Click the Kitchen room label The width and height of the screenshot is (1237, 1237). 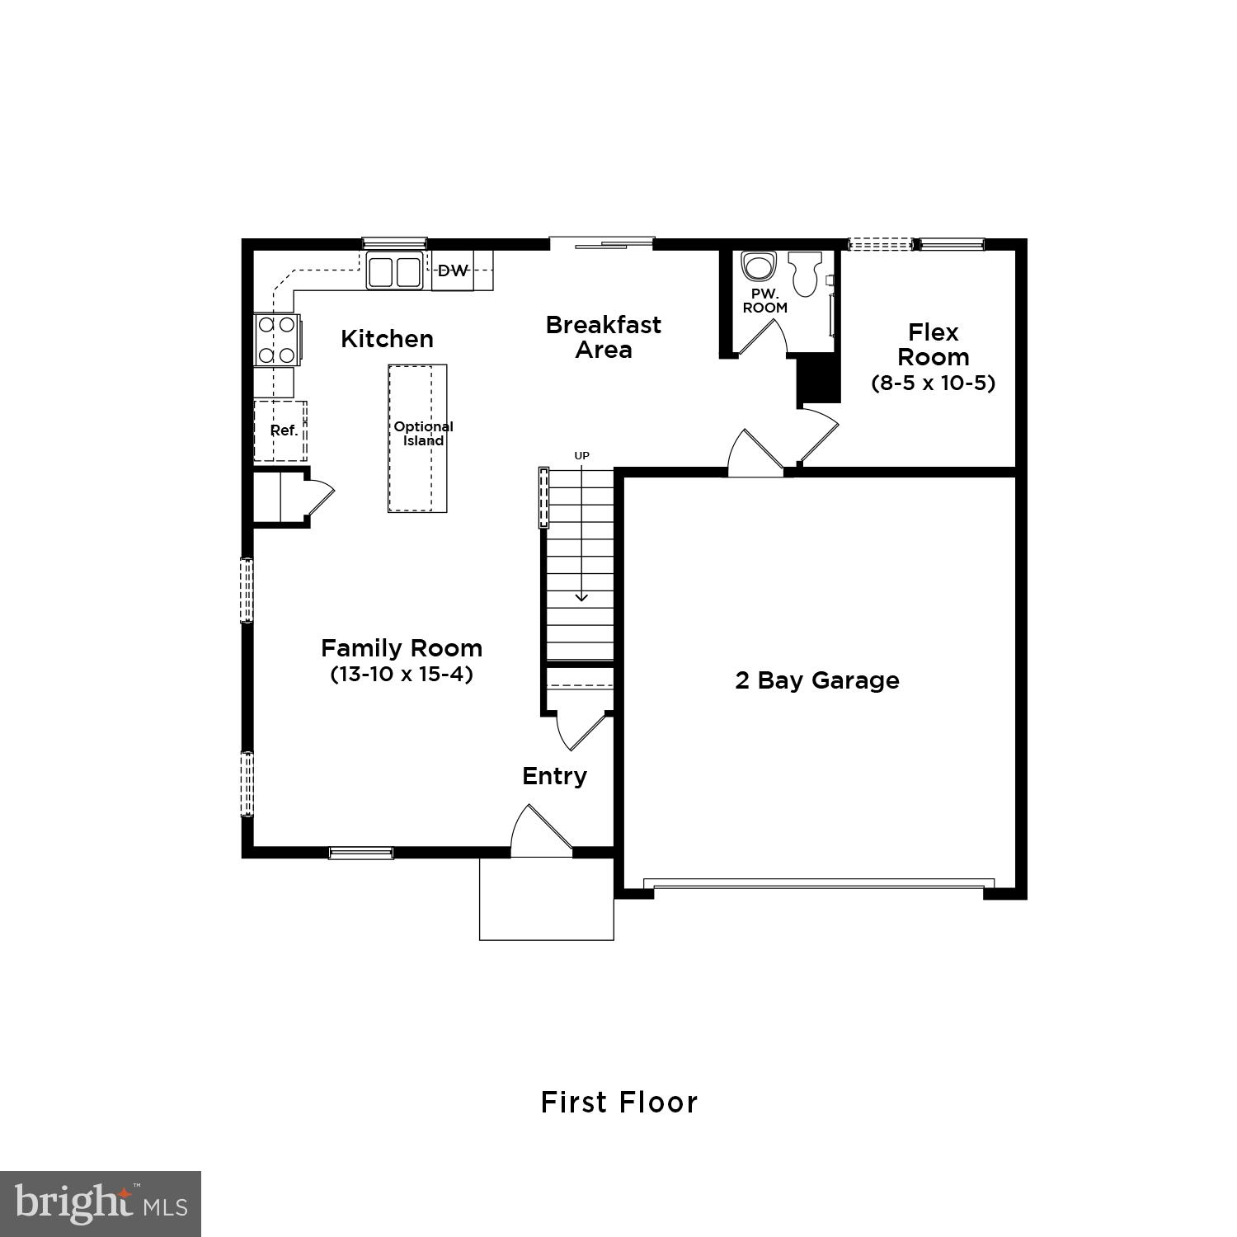click(x=387, y=339)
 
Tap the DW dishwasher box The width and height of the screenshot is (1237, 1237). click(x=453, y=270)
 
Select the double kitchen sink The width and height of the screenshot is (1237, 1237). click(x=394, y=272)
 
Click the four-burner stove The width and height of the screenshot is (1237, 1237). click(x=276, y=340)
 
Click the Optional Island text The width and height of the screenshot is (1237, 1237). click(x=423, y=434)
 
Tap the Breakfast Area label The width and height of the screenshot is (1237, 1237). click(x=604, y=336)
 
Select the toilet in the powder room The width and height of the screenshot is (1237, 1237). click(x=804, y=273)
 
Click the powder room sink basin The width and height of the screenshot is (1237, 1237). click(x=759, y=267)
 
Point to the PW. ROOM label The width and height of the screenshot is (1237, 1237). click(x=764, y=301)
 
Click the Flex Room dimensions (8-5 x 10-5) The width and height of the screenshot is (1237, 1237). click(x=933, y=383)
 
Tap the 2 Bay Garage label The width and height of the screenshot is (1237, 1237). click(x=816, y=680)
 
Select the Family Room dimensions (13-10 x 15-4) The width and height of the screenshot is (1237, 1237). click(x=402, y=674)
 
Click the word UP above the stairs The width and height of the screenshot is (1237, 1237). click(x=582, y=455)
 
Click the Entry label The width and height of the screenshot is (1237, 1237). click(x=554, y=776)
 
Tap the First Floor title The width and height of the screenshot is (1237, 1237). click(x=618, y=1103)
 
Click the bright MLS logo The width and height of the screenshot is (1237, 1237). click(x=101, y=1204)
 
